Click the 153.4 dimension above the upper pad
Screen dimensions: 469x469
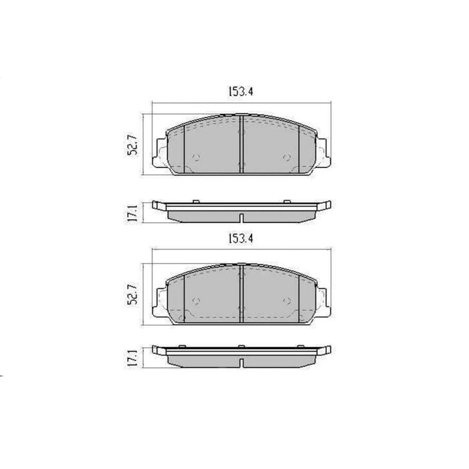[x=241, y=92]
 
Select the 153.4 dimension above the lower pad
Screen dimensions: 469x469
[x=241, y=239]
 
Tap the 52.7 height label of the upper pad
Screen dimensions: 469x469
[x=132, y=145]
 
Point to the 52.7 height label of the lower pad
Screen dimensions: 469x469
[x=132, y=294]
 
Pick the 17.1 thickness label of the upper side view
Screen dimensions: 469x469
[x=132, y=213]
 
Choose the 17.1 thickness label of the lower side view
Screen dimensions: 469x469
[x=132, y=358]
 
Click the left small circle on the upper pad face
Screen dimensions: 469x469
[x=196, y=157]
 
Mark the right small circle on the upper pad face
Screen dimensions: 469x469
[x=287, y=157]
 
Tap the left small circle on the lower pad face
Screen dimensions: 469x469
[x=196, y=301]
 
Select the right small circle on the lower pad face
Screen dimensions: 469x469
[x=287, y=301]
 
